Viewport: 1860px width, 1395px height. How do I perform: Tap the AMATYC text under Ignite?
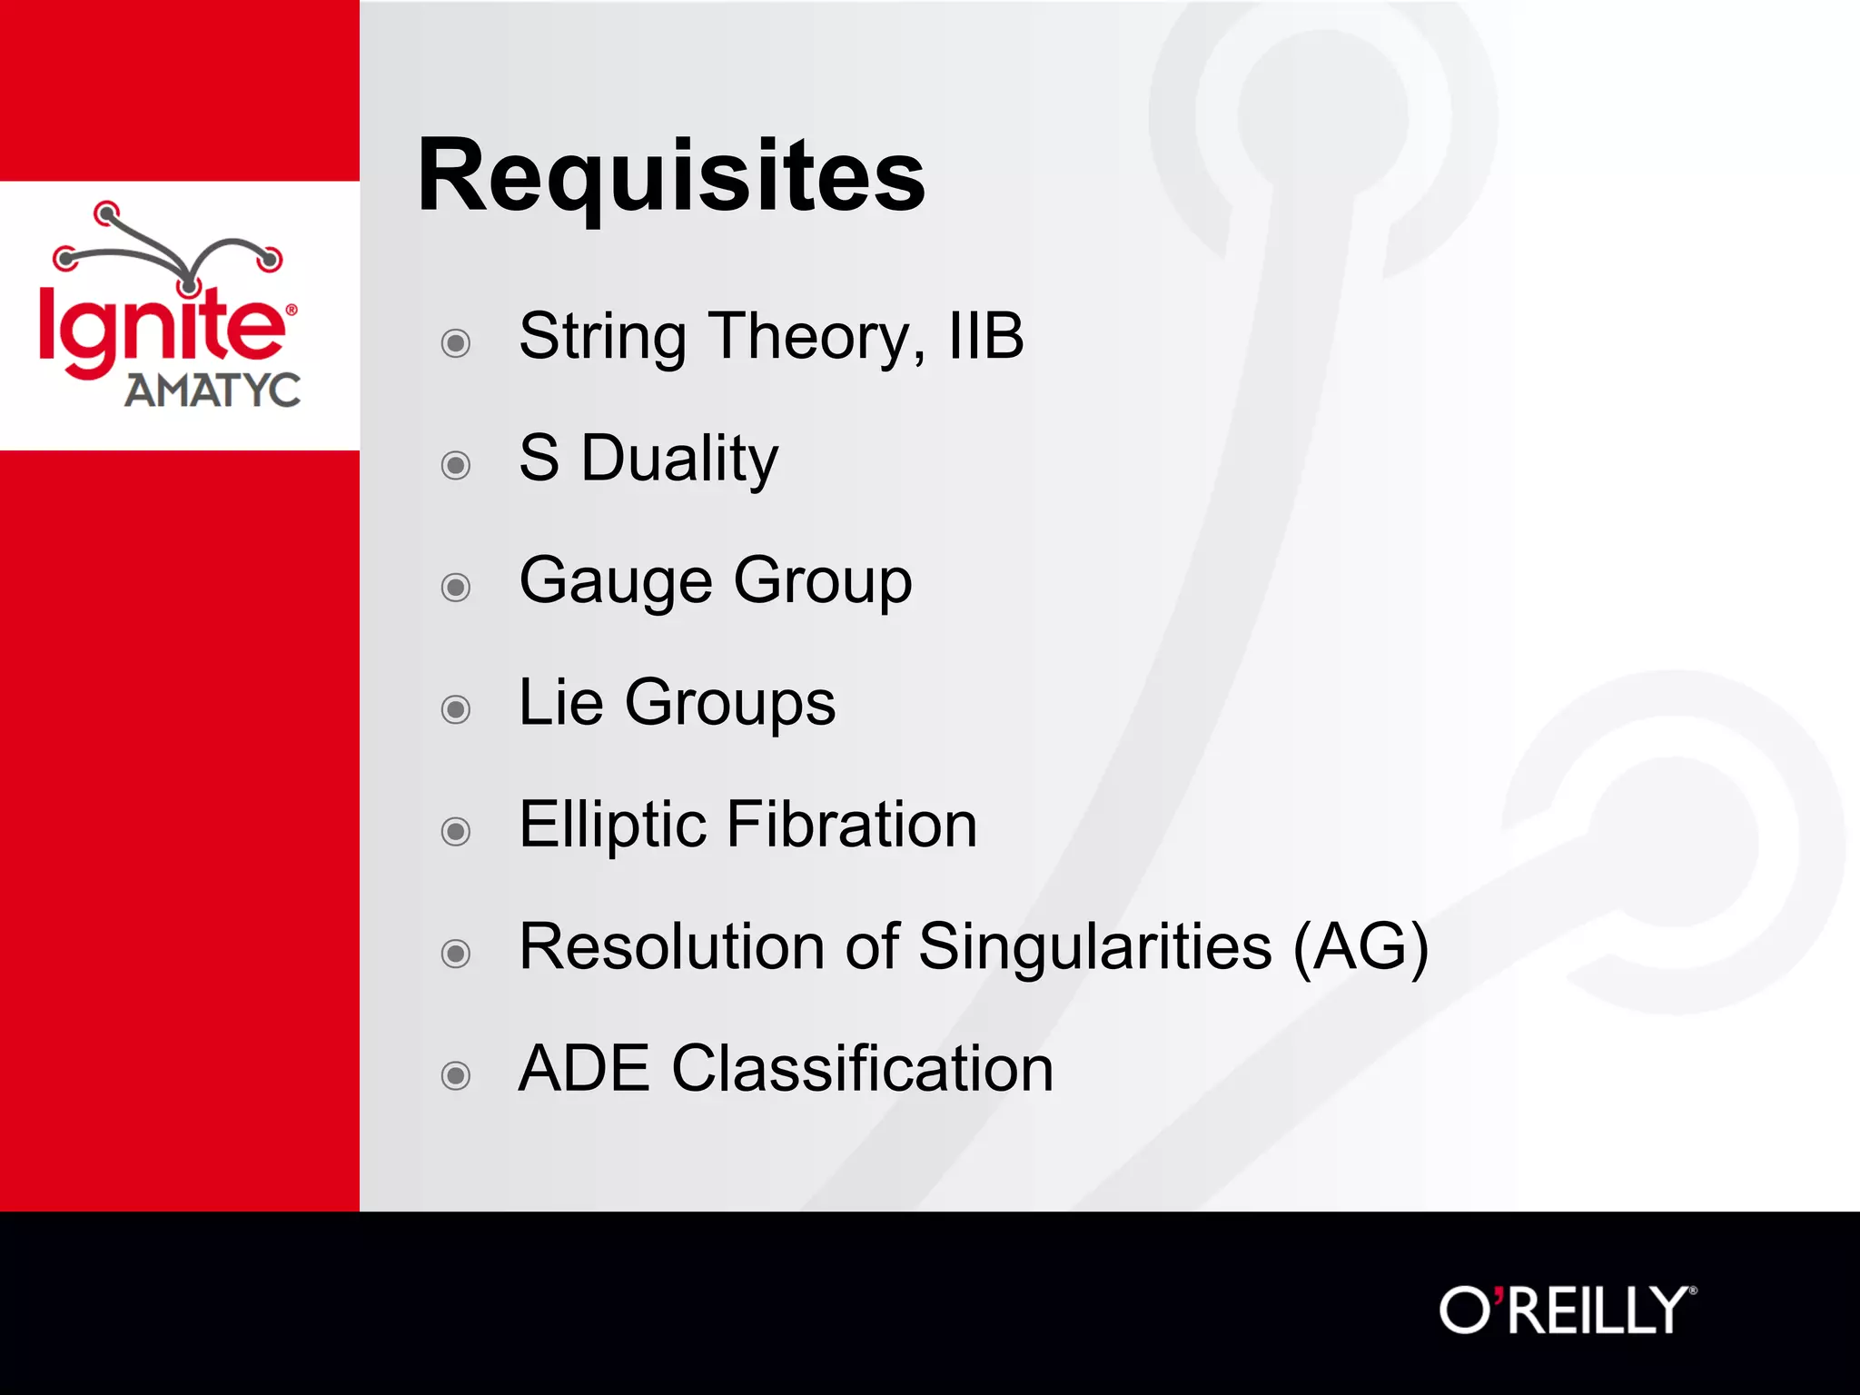coord(213,391)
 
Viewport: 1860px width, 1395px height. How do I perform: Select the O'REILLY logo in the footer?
coord(1567,1310)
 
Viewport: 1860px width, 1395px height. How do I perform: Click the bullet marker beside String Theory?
coord(455,343)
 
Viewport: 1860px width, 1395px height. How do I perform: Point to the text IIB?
coord(985,336)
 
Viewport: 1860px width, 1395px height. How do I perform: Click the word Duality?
coord(678,459)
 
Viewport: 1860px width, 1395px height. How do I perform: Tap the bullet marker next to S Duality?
coord(455,465)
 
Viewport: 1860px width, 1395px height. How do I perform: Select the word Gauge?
coord(615,581)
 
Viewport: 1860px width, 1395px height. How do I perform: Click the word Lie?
coord(560,702)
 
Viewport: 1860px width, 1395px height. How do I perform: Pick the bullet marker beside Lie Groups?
coord(455,709)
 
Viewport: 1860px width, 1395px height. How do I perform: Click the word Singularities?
coord(1094,946)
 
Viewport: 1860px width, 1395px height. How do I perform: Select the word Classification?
coord(862,1068)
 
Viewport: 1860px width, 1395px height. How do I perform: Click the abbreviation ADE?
coord(584,1068)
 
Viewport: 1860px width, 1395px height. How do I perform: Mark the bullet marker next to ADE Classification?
coord(455,1075)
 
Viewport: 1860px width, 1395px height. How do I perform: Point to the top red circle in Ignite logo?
coord(107,213)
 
